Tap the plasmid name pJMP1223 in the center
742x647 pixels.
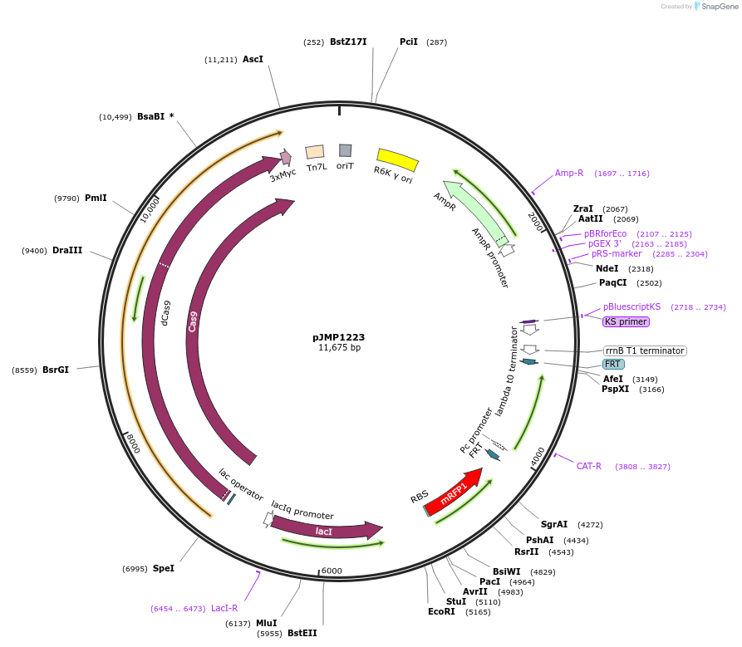pyautogui.click(x=338, y=337)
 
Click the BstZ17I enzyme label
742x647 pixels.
pyautogui.click(x=347, y=42)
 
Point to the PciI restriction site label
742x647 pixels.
pyautogui.click(x=409, y=42)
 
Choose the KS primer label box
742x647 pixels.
pyautogui.click(x=626, y=321)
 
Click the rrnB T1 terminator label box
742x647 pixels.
pyautogui.click(x=645, y=350)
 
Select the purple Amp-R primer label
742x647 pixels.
pyautogui.click(x=569, y=173)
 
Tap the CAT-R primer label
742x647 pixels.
pyautogui.click(x=589, y=466)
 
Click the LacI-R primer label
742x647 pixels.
pyautogui.click(x=224, y=608)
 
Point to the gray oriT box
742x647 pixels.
pyautogui.click(x=345, y=150)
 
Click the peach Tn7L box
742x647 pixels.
pyautogui.click(x=315, y=152)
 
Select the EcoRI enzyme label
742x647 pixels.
pyautogui.click(x=442, y=612)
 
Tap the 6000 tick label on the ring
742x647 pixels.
pyautogui.click(x=332, y=571)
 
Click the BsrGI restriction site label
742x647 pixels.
pyautogui.click(x=56, y=370)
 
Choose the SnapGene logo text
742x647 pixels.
pyautogui.click(x=720, y=6)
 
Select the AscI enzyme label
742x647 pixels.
pyautogui.click(x=253, y=59)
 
